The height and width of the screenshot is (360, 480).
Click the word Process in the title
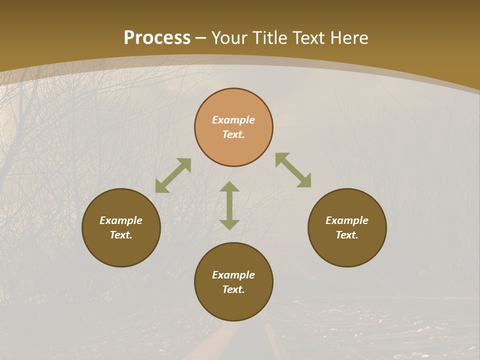click(157, 38)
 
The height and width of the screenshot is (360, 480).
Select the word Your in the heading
click(230, 38)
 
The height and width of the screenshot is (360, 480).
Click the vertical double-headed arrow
click(229, 205)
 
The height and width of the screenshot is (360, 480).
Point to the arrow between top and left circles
click(173, 175)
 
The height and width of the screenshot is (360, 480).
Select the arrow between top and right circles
click(293, 170)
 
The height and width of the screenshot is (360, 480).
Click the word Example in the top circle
click(233, 120)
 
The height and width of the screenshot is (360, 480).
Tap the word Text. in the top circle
click(233, 134)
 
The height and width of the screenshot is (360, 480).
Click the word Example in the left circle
click(121, 220)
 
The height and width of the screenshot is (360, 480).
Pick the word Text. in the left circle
click(121, 235)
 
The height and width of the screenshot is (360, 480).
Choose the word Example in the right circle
click(347, 220)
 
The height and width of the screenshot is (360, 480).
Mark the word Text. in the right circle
click(347, 235)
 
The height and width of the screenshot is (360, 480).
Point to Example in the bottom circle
click(233, 275)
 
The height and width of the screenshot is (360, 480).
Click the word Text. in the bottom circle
click(233, 289)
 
